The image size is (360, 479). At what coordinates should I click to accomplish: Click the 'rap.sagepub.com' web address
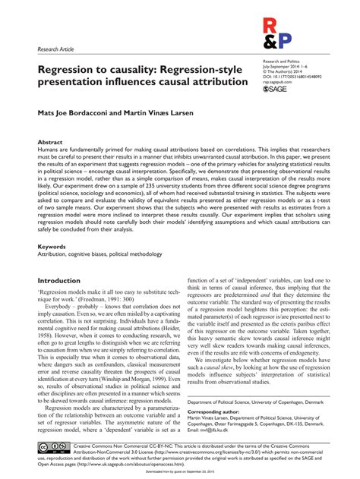tap(297, 82)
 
